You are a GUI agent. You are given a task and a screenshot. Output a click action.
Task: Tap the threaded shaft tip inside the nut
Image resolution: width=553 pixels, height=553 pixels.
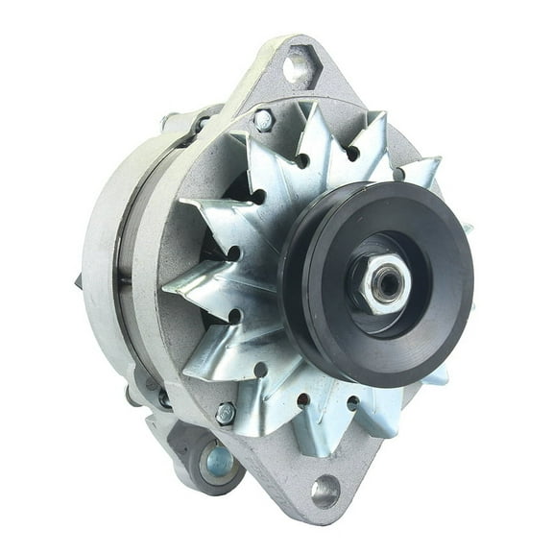(390, 282)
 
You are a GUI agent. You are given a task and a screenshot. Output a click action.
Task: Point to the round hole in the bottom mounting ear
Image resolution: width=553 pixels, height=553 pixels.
(325, 491)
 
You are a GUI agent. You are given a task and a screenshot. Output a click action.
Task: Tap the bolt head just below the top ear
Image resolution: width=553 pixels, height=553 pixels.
(263, 120)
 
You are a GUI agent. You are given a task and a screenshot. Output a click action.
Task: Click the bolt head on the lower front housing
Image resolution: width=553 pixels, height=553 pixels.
(225, 413)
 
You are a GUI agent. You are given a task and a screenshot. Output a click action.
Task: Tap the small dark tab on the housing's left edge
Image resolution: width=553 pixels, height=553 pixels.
(78, 281)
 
